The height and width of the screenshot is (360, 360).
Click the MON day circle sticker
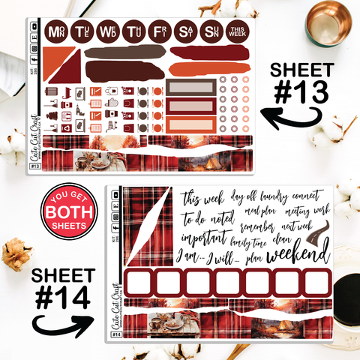pyautogui.click(x=55, y=32)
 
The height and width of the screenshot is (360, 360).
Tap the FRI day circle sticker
pyautogui.click(x=158, y=32)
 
